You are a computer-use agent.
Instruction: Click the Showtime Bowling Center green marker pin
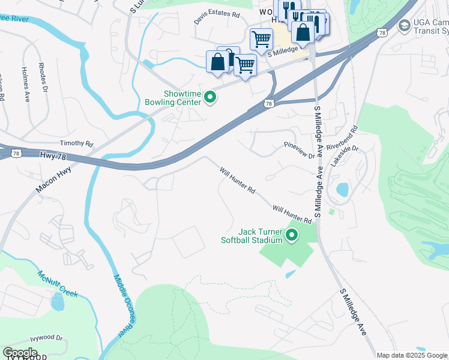click(210, 97)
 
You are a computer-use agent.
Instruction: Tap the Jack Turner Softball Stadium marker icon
click(292, 235)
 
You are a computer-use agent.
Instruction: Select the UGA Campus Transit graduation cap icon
click(405, 26)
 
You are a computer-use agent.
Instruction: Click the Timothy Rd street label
click(76, 144)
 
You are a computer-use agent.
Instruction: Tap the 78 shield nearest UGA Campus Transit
click(382, 33)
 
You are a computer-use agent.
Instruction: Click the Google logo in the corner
click(20, 353)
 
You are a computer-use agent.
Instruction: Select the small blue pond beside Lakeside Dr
click(342, 190)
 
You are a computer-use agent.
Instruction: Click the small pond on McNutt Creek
click(58, 301)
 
